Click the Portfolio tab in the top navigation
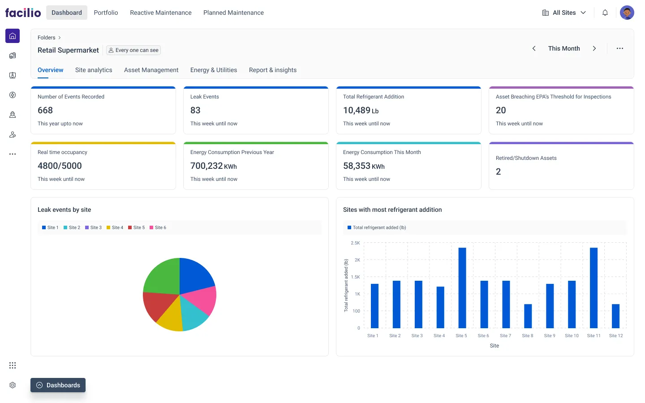coord(106,13)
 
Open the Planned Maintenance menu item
coord(233,13)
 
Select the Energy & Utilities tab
coord(214,70)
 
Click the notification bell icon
coord(605,13)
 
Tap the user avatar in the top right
coord(627,13)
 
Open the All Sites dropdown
coord(564,13)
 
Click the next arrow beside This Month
coord(594,48)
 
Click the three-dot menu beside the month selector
coord(619,48)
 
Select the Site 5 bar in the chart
coord(462,287)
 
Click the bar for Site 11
coord(593,287)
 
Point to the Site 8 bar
coord(528,316)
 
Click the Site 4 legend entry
coord(115,227)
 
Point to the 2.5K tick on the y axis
coord(355,243)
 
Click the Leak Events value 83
coord(195,110)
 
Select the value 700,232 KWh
coord(213,166)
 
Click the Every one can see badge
coord(133,50)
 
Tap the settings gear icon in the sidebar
coord(13,385)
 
